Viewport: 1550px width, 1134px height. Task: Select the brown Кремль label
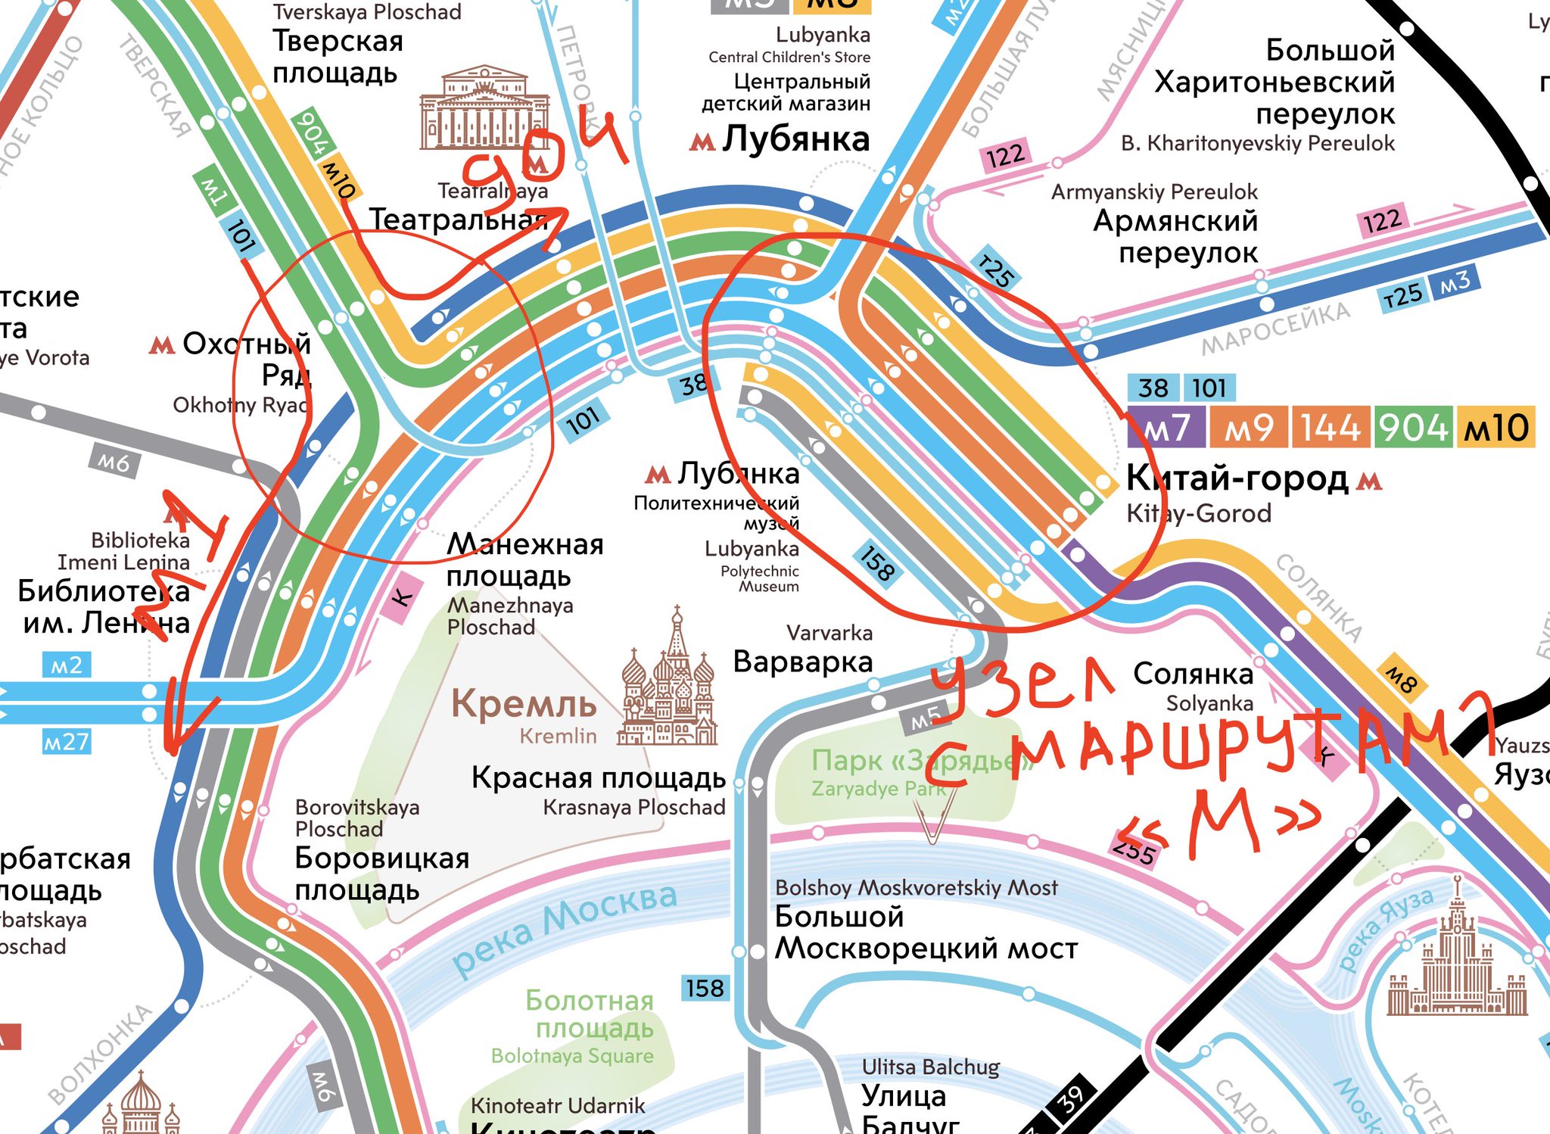tap(524, 704)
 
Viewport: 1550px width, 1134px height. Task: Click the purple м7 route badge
tap(1166, 428)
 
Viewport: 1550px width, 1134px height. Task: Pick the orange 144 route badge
tap(1331, 428)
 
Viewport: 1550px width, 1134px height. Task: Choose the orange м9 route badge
tap(1248, 428)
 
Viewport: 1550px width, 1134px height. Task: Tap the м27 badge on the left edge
tap(67, 741)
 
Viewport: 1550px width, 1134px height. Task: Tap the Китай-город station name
tap(1237, 478)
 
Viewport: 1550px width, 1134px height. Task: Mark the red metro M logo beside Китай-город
tap(1371, 481)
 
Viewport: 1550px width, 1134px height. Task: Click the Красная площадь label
tap(598, 778)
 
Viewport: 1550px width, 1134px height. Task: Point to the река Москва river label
tap(564, 927)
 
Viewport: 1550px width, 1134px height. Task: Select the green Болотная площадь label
tap(590, 1014)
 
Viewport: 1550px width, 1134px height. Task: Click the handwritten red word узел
tap(1022, 685)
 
